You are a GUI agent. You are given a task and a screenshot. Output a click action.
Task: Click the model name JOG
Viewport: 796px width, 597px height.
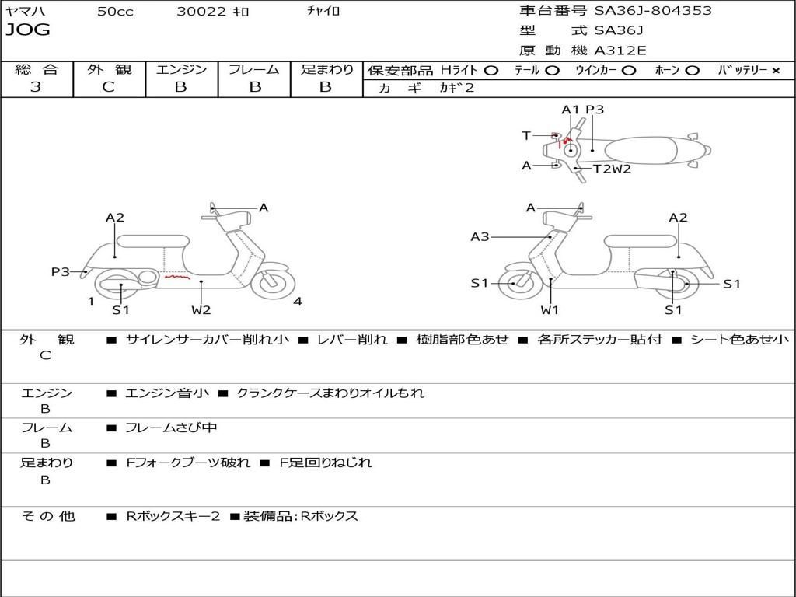pos(28,30)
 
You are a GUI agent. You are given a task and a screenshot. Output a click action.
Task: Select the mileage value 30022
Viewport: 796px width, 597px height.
pos(201,12)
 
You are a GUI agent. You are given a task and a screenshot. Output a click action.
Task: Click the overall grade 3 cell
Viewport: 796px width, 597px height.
pos(36,87)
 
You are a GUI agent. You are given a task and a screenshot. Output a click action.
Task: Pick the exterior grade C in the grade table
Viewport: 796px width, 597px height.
pos(109,87)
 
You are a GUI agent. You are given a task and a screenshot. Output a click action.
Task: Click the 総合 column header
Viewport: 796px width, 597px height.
pos(37,70)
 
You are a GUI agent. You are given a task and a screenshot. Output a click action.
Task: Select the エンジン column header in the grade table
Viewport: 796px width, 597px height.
pos(181,70)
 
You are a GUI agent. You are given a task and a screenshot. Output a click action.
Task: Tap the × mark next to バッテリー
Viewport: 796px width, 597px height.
pos(775,70)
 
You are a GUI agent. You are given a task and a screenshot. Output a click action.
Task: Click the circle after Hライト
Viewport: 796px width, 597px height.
pos(491,70)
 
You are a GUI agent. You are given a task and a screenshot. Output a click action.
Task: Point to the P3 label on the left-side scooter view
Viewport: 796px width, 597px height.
pos(61,271)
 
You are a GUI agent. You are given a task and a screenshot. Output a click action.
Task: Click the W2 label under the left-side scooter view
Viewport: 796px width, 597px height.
pos(201,310)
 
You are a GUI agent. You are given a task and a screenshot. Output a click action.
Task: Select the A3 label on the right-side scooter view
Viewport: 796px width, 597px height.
pos(480,236)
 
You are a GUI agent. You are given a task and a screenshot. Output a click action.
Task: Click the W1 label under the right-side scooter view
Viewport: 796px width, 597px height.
pos(550,310)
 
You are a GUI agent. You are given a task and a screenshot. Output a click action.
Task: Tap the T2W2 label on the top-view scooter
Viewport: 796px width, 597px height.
pos(612,169)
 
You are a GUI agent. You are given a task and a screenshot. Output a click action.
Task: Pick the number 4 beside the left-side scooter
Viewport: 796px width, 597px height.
pos(298,302)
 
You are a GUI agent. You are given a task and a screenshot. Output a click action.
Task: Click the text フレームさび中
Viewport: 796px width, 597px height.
pos(171,428)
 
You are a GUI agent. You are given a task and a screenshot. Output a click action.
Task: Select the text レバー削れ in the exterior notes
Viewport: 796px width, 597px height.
pos(351,340)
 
